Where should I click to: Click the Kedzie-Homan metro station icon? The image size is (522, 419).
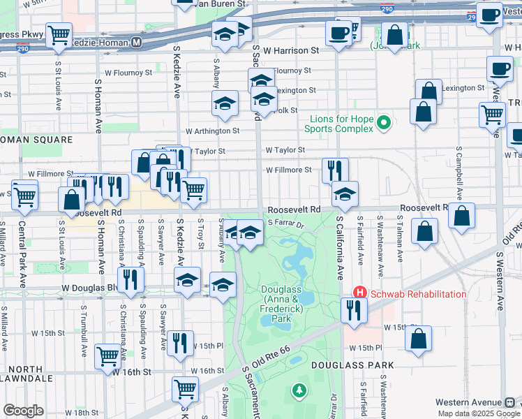[137, 43]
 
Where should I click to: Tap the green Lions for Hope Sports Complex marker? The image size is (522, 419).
[382, 124]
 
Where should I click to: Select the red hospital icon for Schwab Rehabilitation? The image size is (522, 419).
[359, 293]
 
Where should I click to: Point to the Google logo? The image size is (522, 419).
[23, 411]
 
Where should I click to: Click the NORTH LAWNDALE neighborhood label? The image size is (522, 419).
[27, 374]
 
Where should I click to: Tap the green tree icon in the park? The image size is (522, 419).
[299, 389]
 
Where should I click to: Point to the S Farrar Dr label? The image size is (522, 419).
[286, 224]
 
